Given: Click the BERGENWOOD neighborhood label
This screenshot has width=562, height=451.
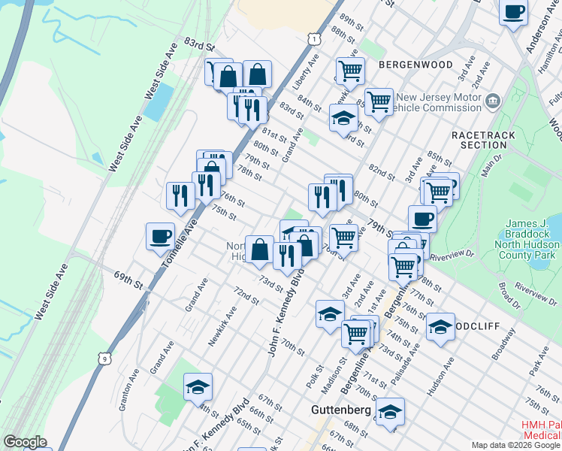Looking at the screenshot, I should (x=415, y=65).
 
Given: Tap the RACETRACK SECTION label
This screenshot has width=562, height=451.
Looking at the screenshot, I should (x=479, y=139).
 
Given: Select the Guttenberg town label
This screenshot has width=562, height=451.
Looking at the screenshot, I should (x=341, y=410).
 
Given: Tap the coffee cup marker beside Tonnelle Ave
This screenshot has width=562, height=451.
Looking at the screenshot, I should (x=160, y=236).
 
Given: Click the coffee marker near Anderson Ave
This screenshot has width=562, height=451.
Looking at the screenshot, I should (x=514, y=12).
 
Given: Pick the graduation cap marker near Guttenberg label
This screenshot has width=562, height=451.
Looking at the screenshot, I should (x=390, y=411).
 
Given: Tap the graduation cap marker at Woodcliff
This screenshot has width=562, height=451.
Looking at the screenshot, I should (x=440, y=326).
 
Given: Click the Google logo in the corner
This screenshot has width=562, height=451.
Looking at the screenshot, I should (x=25, y=442).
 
